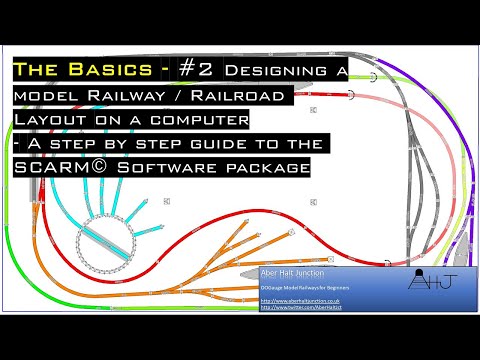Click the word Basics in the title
[110, 71]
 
